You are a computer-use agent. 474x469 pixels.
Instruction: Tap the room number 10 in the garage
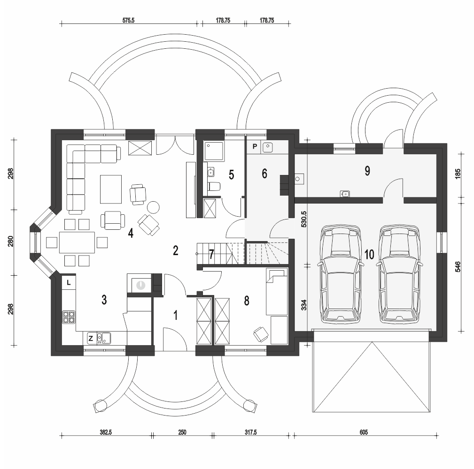click(369, 255)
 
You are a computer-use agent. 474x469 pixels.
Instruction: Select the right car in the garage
click(399, 274)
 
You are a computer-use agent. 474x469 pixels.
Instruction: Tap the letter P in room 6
click(255, 146)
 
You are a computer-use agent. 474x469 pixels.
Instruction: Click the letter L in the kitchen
click(69, 282)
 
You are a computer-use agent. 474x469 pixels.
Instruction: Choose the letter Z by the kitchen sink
click(90, 337)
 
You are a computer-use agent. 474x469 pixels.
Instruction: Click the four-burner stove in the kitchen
click(69, 317)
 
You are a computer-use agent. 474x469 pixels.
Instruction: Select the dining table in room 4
click(77, 242)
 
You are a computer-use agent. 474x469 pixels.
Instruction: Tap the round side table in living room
click(154, 207)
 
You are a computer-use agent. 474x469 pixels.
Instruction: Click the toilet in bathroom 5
click(214, 186)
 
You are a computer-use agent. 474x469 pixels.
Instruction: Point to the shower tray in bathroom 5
click(214, 151)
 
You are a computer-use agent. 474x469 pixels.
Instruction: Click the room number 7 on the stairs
click(211, 255)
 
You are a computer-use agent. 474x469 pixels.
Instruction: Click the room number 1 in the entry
click(176, 315)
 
